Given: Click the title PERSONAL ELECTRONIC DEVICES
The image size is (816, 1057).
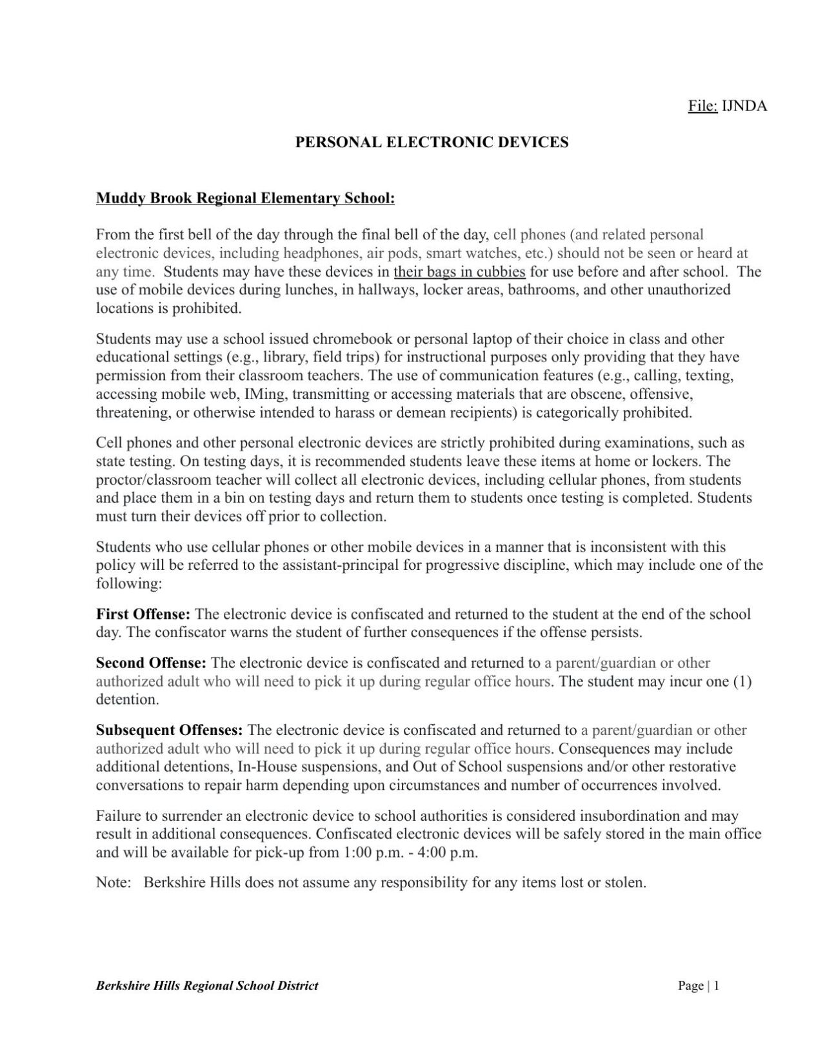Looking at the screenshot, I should [432, 143].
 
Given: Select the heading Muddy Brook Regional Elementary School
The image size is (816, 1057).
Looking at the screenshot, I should [245, 198].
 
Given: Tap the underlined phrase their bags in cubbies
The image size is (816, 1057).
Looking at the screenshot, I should [459, 272].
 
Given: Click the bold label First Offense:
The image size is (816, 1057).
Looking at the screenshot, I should [143, 614].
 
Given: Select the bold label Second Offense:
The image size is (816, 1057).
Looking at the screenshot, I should [151, 663].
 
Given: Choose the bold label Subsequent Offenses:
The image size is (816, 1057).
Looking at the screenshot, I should [170, 731].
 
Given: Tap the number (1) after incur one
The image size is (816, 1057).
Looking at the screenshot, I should [742, 682].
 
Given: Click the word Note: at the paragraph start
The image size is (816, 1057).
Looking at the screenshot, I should [114, 883].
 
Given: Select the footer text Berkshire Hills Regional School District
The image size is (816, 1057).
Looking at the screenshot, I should [207, 986].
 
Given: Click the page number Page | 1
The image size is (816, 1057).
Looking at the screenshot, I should [698, 986].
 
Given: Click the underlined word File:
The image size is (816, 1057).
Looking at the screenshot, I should [702, 106].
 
